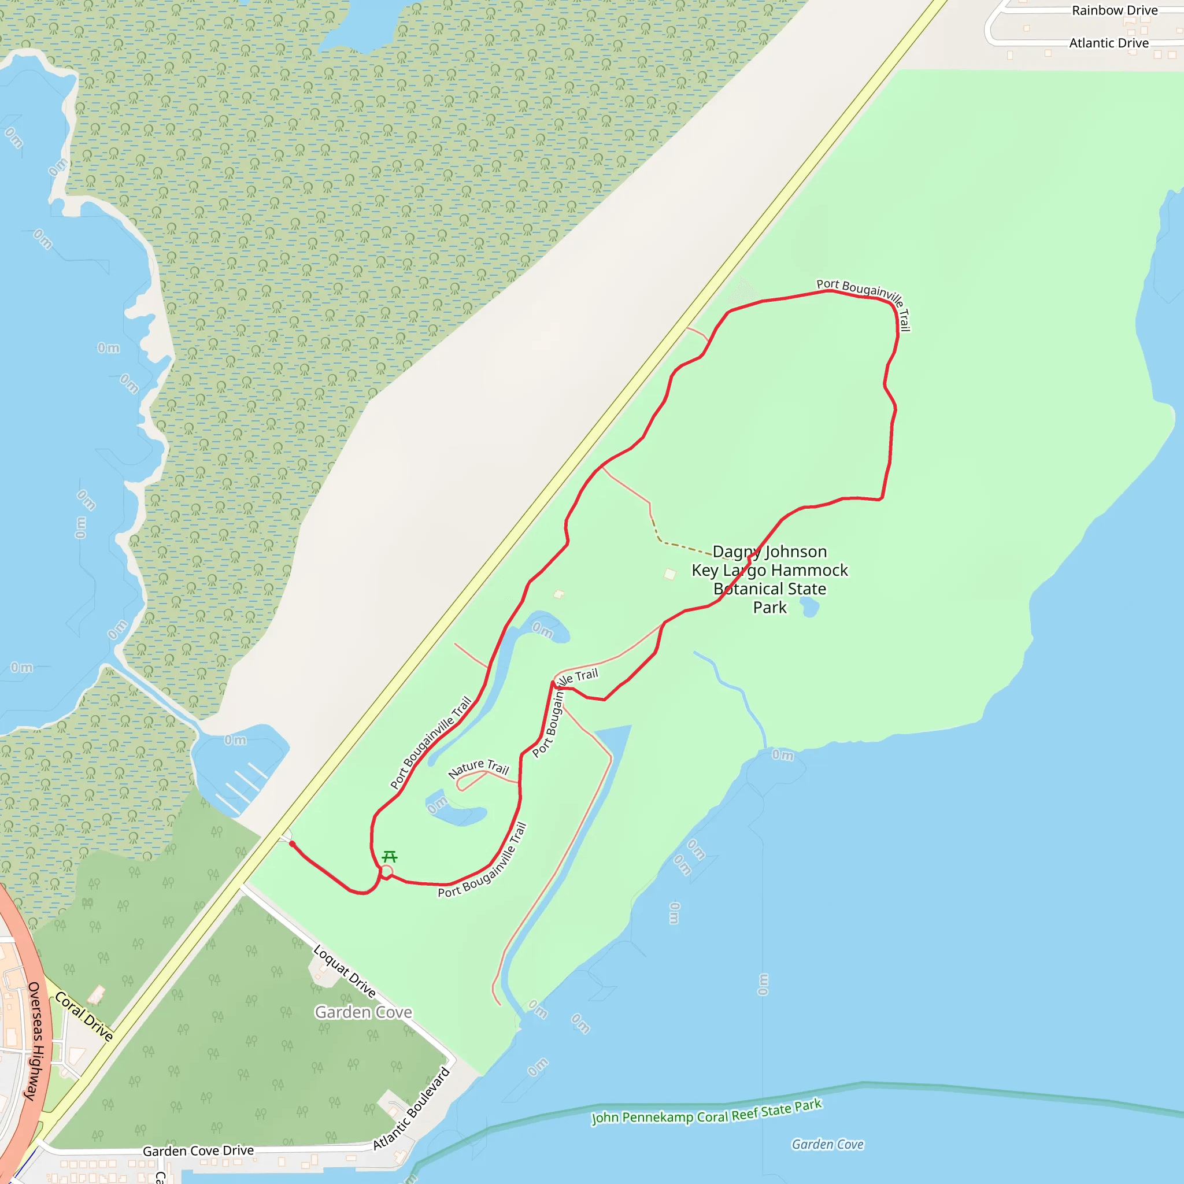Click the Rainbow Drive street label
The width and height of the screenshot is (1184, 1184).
pos(1114,10)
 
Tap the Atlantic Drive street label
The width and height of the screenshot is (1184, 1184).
pos(1109,43)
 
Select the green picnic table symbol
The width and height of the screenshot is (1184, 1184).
pos(390,856)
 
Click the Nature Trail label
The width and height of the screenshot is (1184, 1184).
pos(479,768)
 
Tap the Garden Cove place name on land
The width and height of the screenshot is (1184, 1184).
pos(364,1012)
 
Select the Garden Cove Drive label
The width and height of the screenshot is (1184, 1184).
pos(198,1151)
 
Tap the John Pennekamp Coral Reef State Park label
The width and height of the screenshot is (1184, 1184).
pos(706,1111)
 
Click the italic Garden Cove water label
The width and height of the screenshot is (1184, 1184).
pos(827,1144)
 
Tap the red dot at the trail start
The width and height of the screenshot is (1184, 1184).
pos(293,844)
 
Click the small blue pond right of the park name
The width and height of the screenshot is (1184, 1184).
pos(809,606)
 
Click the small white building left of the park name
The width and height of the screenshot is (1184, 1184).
pos(670,574)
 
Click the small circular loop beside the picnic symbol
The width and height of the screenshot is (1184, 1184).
pos(387,871)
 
